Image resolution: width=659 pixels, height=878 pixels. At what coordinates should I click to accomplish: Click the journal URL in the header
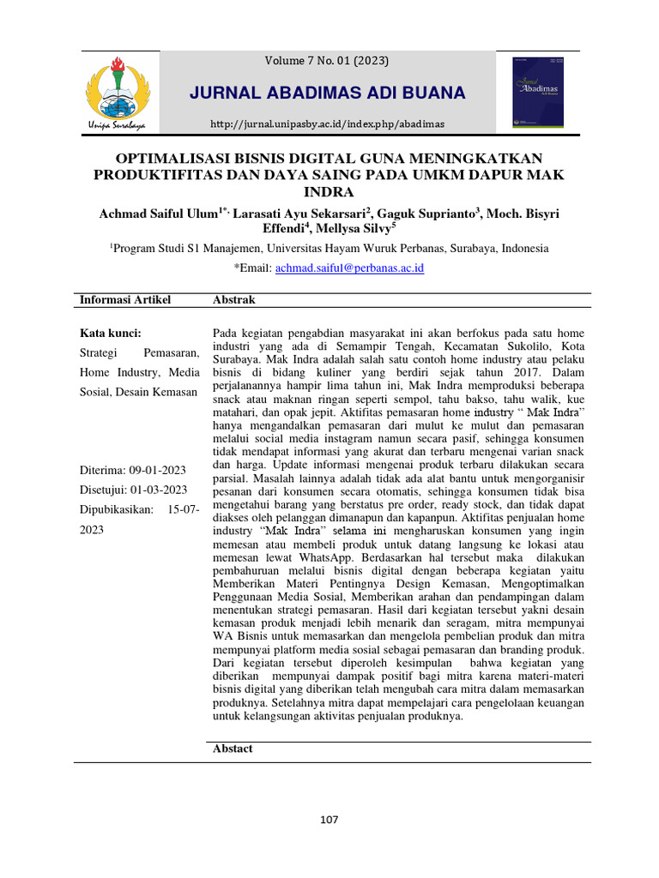328,124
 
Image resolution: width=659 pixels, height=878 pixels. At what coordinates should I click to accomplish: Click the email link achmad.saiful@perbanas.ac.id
349,268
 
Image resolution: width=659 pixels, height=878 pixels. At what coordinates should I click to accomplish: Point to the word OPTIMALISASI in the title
175,159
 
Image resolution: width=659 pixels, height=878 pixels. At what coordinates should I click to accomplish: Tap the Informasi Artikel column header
125,299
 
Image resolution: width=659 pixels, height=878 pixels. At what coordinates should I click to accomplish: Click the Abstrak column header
233,299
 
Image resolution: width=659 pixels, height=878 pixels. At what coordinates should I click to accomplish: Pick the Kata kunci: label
110,333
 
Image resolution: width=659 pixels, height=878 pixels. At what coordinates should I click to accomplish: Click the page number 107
329,819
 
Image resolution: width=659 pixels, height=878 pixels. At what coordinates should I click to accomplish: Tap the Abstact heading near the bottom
233,749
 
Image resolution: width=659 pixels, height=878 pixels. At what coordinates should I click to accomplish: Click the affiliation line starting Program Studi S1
329,248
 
